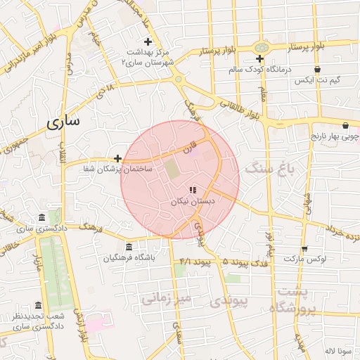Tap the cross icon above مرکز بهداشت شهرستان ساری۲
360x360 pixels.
click(x=148, y=42)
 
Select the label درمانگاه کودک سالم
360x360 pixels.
click(x=260, y=70)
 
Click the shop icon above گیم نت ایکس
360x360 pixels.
click(x=317, y=70)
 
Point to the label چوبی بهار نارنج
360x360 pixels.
click(x=335, y=135)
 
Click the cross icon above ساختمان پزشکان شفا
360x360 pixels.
click(x=117, y=158)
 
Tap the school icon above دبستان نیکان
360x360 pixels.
click(x=193, y=190)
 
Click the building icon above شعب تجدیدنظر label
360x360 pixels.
click(x=38, y=306)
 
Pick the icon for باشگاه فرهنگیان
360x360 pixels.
click(x=128, y=247)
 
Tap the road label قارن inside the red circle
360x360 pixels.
click(x=187, y=148)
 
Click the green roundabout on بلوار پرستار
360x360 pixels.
click(x=261, y=47)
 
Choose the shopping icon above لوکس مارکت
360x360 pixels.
click(x=304, y=249)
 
